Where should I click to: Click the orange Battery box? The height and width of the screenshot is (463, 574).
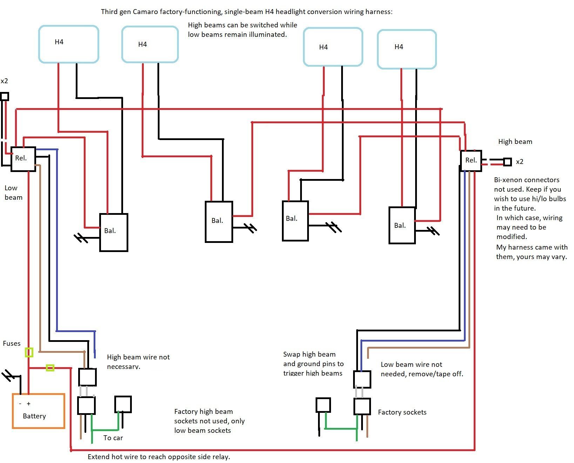coord(39,411)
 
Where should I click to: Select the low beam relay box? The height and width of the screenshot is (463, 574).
coord(23,159)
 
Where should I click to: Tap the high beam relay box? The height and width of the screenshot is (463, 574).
coord(471,161)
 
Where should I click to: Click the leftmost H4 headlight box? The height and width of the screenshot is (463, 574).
coord(68,44)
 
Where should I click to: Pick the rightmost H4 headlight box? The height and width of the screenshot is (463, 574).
coord(407,49)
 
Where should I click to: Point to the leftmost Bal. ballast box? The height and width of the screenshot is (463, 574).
coord(114,232)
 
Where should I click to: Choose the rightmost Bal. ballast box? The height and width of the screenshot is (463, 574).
coord(402,225)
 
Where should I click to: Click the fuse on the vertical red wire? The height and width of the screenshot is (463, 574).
coord(29,352)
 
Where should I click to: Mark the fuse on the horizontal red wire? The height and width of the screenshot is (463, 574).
coord(50,368)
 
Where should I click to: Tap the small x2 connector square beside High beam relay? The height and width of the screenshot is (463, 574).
coord(507,162)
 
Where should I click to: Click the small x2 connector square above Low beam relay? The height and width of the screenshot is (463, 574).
coord(5,97)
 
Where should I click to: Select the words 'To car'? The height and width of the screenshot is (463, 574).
coord(113,438)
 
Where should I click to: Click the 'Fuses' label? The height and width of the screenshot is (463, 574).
coord(12,343)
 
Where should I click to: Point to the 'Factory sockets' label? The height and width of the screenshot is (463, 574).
coord(402,412)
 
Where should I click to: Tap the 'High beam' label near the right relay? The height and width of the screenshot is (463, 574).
coord(515,141)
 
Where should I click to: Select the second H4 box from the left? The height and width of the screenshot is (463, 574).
coord(150,45)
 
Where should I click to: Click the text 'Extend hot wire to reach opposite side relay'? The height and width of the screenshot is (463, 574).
coord(158,457)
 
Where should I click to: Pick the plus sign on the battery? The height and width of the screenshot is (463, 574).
coord(29,404)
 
